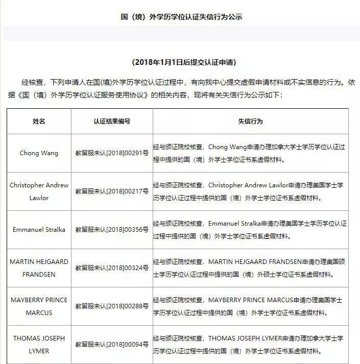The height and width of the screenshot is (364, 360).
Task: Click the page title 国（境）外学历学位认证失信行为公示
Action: pos(181,17)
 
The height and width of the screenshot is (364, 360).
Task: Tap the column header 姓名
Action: pos(39,122)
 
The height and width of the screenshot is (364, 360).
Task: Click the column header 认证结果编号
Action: pos(112,122)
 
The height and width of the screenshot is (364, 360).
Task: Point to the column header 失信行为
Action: pos(250,122)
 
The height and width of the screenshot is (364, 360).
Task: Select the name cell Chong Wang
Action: pos(39,153)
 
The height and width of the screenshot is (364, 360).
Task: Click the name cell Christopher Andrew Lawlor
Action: pos(39,191)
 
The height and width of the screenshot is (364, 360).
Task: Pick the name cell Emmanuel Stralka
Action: pos(39,230)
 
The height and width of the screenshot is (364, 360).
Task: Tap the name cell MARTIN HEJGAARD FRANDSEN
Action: pos(39,268)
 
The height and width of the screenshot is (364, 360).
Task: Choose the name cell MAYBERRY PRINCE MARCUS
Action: pos(39,306)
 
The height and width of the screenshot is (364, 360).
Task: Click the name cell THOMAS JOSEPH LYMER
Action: pos(39,345)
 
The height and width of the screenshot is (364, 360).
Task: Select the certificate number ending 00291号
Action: pos(112,153)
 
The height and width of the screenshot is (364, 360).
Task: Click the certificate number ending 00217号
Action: pos(112,191)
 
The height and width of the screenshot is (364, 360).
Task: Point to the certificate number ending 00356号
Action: pos(112,230)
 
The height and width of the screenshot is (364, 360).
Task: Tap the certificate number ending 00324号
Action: pos(112,268)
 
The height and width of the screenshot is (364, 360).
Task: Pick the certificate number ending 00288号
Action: pos(112,306)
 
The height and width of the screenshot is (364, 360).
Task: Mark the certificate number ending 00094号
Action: pos(112,345)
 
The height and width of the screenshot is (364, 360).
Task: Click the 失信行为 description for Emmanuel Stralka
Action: pos(250,230)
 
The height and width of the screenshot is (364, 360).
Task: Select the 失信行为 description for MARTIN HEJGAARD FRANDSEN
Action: pos(250,268)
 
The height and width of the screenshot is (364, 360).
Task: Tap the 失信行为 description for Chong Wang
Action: pos(250,153)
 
